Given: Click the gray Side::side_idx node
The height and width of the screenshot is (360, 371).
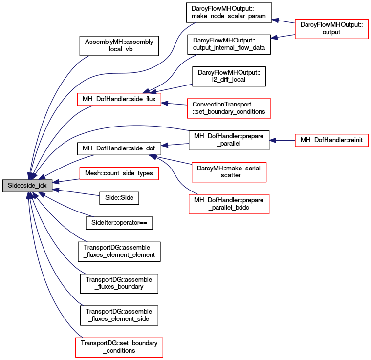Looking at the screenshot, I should coord(27,186).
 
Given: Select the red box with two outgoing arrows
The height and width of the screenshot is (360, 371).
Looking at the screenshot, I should coord(331,29).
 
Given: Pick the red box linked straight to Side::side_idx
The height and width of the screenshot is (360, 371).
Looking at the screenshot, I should coord(119,173).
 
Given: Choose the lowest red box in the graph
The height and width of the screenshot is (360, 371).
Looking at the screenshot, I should coord(119,347).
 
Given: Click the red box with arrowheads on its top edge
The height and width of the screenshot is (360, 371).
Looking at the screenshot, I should coord(119,99).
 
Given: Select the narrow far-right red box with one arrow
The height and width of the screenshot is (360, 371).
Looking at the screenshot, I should coord(331,140).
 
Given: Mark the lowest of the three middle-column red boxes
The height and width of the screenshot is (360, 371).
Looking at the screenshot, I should coord(229,204).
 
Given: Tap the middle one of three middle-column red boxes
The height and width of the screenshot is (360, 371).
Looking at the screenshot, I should coord(229,172).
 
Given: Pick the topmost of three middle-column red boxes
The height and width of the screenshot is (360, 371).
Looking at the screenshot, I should coord(229,108).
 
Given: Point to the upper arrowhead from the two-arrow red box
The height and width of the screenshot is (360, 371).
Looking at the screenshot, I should coord(275,20).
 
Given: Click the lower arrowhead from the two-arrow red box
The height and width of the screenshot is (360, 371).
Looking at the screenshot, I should coord(274,37).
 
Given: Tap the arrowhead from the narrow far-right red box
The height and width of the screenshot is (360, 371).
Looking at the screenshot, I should coord(273,140).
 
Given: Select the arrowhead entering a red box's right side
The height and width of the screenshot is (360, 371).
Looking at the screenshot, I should coord(165,103).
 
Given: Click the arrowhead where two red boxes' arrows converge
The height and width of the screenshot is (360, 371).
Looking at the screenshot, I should coord(152,156).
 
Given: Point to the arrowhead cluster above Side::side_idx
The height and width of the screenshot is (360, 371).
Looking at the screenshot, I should coord(32,175).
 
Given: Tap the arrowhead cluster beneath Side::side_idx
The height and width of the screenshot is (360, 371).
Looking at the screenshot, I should coord(30,195).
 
